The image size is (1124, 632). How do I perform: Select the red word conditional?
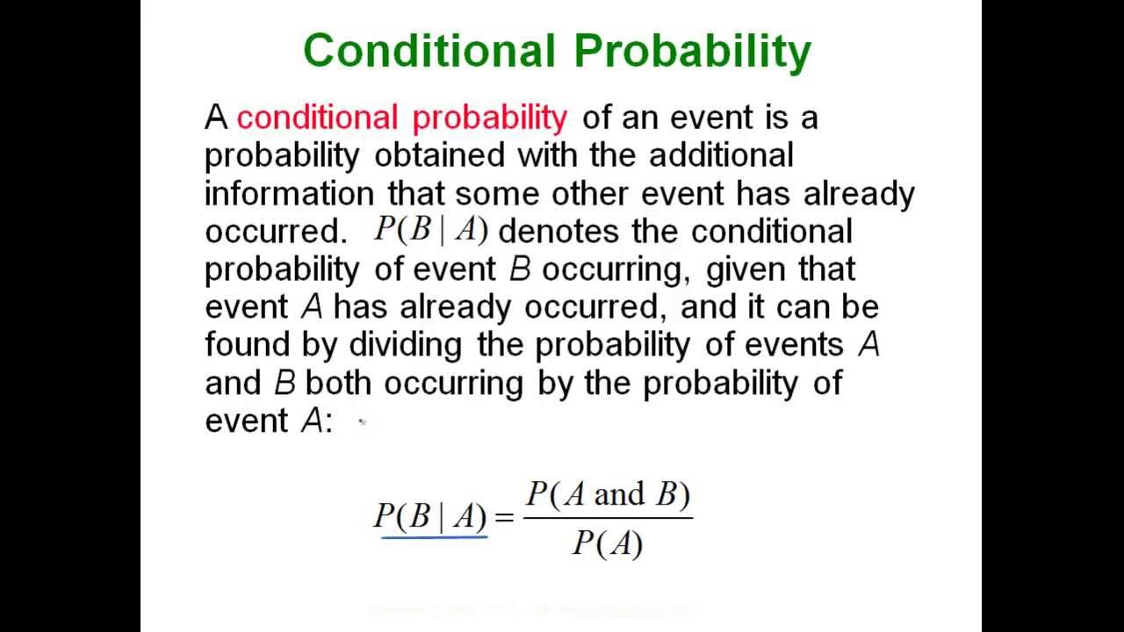(317, 118)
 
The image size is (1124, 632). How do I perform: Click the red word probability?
(489, 118)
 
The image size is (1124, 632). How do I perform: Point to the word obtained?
(439, 155)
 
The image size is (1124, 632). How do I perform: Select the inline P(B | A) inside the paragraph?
(430, 230)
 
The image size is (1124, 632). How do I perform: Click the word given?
(746, 269)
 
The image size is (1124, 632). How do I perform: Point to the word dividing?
(406, 344)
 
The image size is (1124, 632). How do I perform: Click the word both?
(340, 383)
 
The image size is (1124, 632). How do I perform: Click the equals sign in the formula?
(504, 517)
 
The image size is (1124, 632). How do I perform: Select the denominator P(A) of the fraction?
(608, 544)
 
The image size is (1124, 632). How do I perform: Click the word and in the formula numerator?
(619, 494)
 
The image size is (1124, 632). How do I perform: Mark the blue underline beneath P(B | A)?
(434, 535)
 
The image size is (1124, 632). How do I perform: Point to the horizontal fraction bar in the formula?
(608, 518)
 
